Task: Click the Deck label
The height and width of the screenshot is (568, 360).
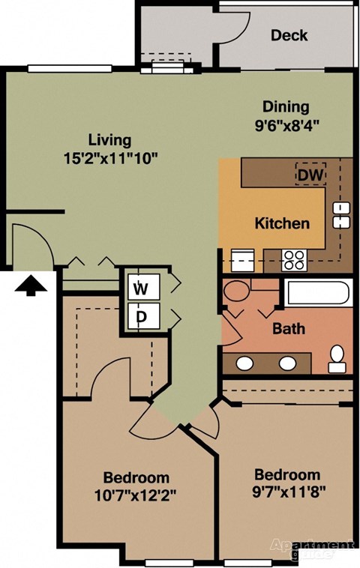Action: pos(289,35)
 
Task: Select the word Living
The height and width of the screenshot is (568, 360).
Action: pos(109,140)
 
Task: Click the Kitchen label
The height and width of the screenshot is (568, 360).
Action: pos(282,223)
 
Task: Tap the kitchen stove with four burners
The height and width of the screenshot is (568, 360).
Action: pos(294,259)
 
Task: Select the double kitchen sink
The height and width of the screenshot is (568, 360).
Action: pos(342,215)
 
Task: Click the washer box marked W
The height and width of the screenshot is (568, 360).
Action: pos(140,288)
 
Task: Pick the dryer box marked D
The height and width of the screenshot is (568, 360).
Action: pos(140,316)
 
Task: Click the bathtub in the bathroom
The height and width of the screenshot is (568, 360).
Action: pos(319,292)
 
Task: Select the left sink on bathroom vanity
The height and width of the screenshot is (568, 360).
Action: pos(244,363)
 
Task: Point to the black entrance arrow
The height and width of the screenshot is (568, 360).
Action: pos(31,285)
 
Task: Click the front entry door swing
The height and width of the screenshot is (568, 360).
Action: pos(30,244)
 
